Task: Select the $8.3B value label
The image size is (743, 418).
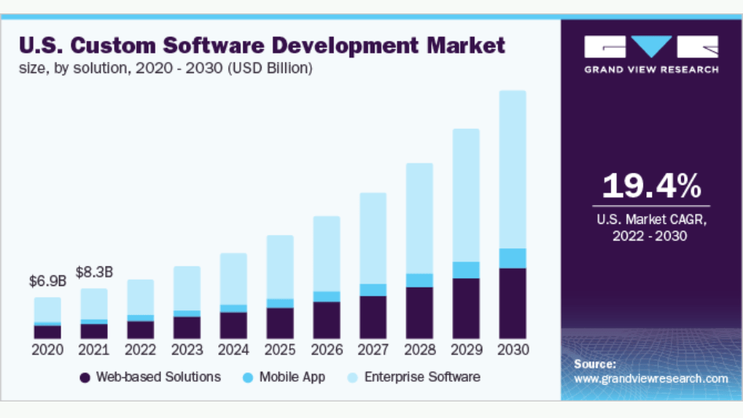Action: click(94, 272)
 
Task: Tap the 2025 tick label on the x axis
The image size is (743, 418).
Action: click(280, 349)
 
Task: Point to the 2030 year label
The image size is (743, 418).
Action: click(513, 349)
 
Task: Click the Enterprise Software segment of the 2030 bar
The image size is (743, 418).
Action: click(513, 169)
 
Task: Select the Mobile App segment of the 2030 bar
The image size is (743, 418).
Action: click(513, 258)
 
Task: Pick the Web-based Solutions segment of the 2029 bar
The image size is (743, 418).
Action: click(466, 308)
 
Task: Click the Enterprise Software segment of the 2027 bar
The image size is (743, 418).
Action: click(373, 238)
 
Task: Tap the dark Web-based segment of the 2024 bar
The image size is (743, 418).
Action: click(233, 325)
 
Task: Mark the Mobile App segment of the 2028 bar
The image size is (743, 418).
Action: click(419, 280)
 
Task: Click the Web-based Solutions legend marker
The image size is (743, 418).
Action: click(86, 378)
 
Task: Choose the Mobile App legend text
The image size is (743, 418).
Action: click(291, 377)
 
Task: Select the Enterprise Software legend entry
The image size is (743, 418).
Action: click(422, 377)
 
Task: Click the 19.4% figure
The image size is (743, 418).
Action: click(651, 186)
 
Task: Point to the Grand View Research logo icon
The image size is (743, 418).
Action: click(651, 46)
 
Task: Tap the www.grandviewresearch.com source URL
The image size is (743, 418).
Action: click(651, 379)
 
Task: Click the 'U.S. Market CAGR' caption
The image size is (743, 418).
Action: click(651, 218)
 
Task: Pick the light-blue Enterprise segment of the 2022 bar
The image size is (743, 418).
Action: click(141, 297)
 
